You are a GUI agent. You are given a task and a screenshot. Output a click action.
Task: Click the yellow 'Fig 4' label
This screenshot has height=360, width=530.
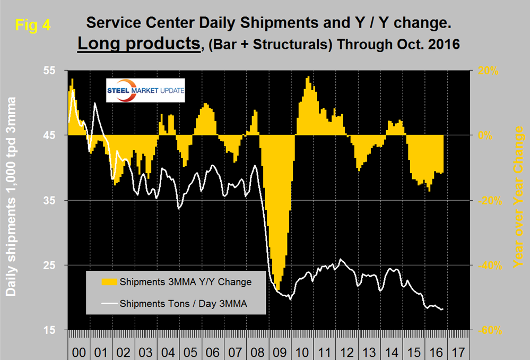(32, 25)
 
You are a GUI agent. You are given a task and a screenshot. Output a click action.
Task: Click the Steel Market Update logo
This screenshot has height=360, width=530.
(146, 91)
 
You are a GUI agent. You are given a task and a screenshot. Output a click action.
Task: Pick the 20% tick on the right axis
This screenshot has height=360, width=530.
(487, 70)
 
